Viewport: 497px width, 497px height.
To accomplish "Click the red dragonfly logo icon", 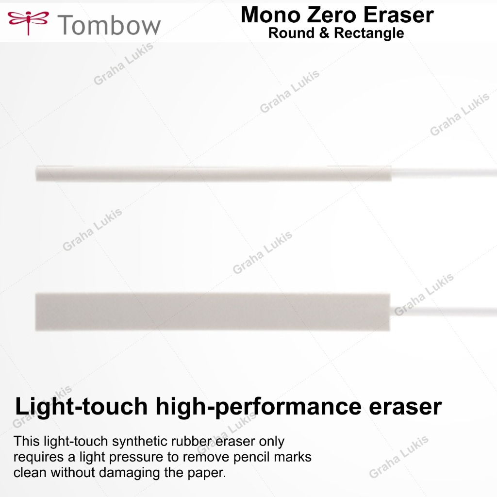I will pyautogui.click(x=28, y=21).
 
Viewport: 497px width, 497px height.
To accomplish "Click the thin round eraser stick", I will pyautogui.click(x=214, y=173).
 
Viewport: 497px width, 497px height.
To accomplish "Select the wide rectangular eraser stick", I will pyautogui.click(x=213, y=312).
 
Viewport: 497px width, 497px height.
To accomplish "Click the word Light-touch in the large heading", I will pyautogui.click(x=82, y=407).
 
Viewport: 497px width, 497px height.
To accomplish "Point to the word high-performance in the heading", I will pyautogui.click(x=258, y=407).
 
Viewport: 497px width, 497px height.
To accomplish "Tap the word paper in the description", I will pyautogui.click(x=209, y=472).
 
